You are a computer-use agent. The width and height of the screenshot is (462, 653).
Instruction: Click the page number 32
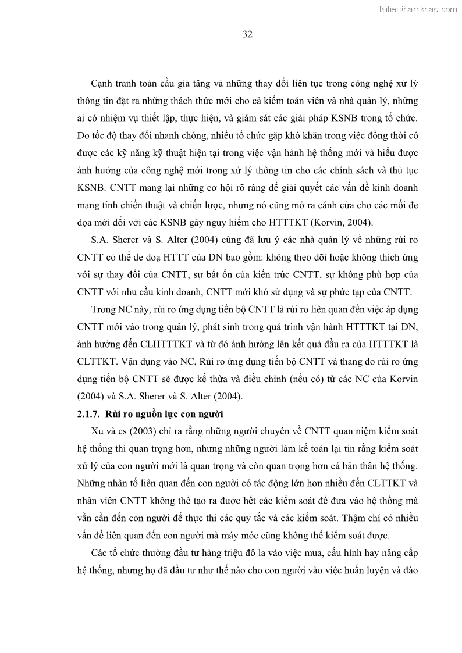coord(247,34)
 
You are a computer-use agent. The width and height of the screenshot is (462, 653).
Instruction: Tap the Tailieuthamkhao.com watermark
coord(417,9)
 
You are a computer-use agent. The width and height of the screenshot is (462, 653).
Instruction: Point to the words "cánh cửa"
coord(325,205)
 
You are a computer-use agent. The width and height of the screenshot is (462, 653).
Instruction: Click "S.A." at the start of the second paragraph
coord(102,241)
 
